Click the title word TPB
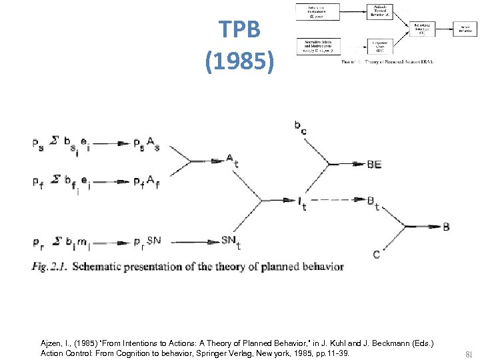(x=240, y=29)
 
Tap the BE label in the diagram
(x=374, y=165)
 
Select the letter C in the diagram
(x=377, y=254)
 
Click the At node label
(x=229, y=159)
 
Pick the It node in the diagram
(x=302, y=202)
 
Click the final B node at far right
(x=446, y=227)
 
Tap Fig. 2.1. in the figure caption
(x=49, y=267)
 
